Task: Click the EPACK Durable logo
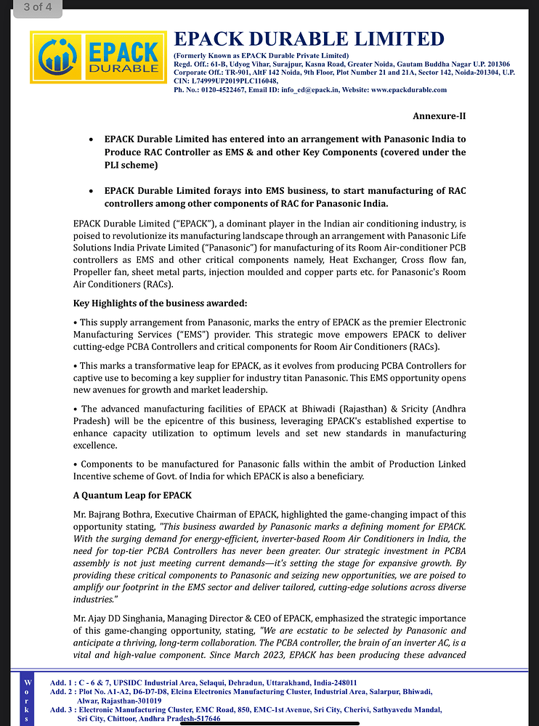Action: (98, 57)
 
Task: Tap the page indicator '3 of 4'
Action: (31, 8)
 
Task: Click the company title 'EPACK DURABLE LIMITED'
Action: (308, 38)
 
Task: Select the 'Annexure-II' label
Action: (439, 116)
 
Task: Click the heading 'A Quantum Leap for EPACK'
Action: (132, 495)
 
